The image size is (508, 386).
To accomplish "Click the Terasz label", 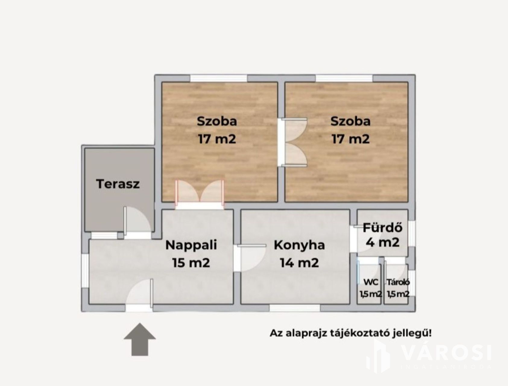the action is click(118, 184).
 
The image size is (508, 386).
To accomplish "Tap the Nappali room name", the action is click(191, 245).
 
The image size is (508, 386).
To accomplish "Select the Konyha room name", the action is click(299, 245).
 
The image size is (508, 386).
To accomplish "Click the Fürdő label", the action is click(382, 227).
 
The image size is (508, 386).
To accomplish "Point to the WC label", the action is click(371, 282).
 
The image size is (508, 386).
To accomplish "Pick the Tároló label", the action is click(398, 282).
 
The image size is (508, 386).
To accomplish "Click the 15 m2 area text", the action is click(191, 263).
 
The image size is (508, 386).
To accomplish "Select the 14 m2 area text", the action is click(299, 263).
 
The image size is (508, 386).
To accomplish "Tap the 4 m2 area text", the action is click(383, 242).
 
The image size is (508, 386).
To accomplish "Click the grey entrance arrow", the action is click(140, 339).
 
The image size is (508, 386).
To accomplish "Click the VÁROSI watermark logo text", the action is click(447, 353).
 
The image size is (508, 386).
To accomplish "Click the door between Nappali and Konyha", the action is click(250, 258).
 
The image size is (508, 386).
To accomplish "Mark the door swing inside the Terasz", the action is click(137, 219).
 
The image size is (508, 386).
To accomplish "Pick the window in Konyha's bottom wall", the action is click(295, 308).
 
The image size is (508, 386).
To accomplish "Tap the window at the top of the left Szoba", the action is click(219, 78).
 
